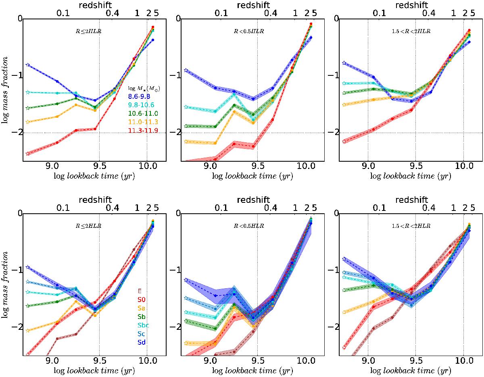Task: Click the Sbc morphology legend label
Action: click(x=143, y=325)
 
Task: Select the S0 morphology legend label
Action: click(x=142, y=299)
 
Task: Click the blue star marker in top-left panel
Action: click(x=27, y=65)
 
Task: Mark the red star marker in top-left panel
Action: click(x=27, y=154)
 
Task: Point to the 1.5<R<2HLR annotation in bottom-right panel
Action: click(x=408, y=226)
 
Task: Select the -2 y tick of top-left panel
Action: click(x=17, y=133)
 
